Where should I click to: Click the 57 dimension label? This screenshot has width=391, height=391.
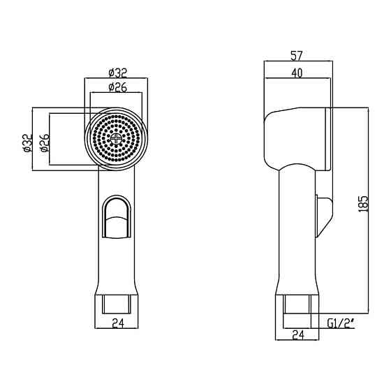(297, 56)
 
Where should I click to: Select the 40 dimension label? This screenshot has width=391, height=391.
(297, 73)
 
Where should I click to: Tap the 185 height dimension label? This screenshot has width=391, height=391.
(363, 204)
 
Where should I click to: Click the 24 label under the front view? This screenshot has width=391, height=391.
(118, 323)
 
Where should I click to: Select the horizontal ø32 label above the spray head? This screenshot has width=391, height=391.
(118, 73)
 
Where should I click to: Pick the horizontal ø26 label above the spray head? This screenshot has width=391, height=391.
(118, 87)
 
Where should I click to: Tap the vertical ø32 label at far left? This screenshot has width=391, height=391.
(27, 143)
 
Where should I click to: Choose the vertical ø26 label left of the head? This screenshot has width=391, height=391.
(45, 143)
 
